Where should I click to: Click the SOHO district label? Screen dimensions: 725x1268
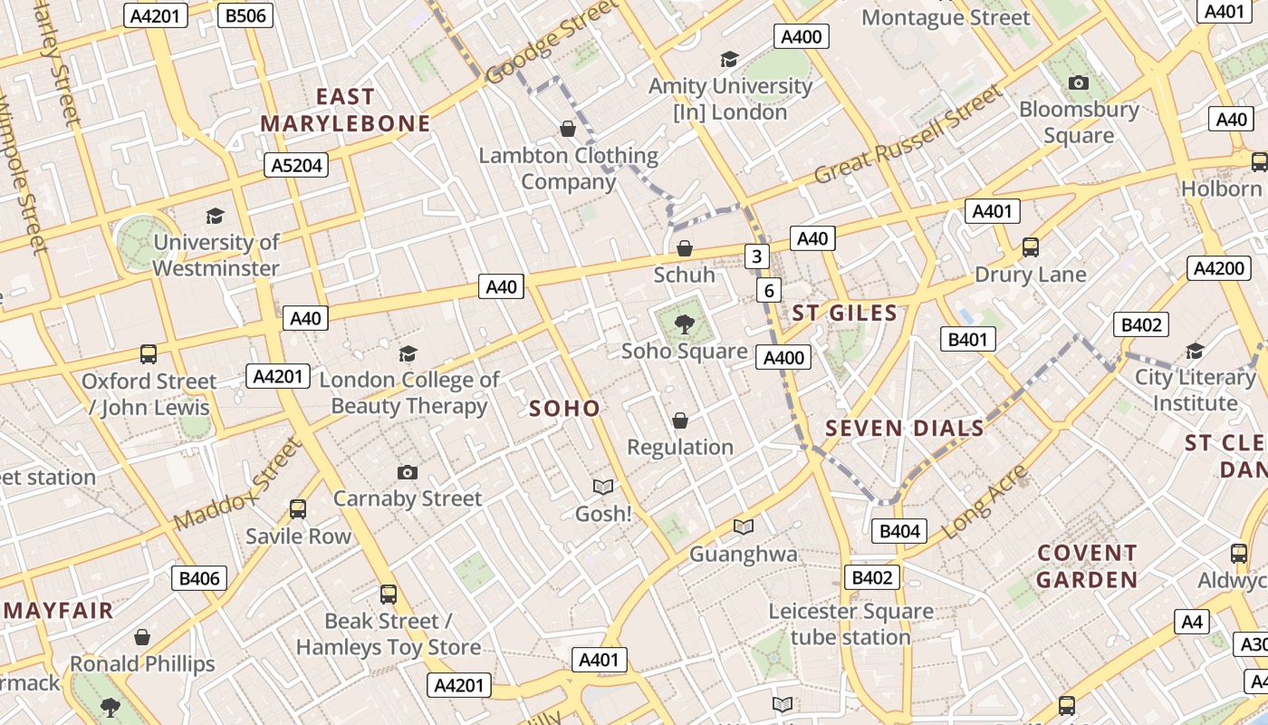(x=564, y=408)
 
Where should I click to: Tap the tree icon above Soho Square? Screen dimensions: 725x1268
(x=685, y=324)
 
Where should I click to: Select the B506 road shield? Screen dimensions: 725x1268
(x=245, y=15)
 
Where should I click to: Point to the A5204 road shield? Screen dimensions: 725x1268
(x=296, y=165)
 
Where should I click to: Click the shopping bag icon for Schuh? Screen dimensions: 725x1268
(x=685, y=248)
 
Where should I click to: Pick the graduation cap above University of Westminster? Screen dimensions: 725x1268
(x=215, y=216)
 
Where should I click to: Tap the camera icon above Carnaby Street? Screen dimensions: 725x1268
(x=408, y=472)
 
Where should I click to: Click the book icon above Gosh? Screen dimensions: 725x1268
(x=603, y=488)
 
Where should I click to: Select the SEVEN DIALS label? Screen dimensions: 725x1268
(x=905, y=429)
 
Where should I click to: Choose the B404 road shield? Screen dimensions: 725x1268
(x=899, y=531)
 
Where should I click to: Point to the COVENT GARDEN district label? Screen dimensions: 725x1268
(x=1087, y=565)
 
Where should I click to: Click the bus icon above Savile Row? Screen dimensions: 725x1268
(x=298, y=509)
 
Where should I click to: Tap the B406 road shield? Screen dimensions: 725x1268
(x=199, y=578)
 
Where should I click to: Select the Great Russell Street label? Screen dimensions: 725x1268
(x=909, y=134)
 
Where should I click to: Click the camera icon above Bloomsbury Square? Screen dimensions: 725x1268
(x=1078, y=83)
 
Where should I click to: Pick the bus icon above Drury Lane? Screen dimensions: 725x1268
(x=1030, y=247)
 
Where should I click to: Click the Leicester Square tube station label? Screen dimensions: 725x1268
(x=850, y=623)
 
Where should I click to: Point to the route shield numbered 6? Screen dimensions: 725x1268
(x=768, y=290)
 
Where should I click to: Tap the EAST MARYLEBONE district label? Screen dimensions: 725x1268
(x=345, y=110)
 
